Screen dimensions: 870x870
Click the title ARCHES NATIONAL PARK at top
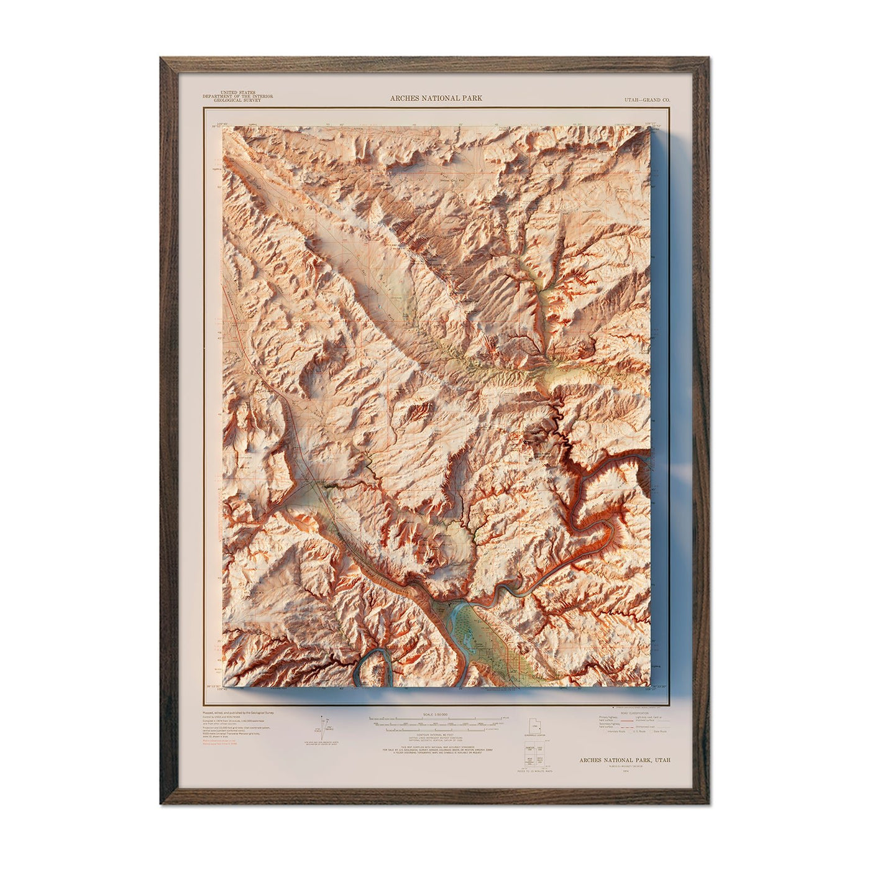coord(435,98)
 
